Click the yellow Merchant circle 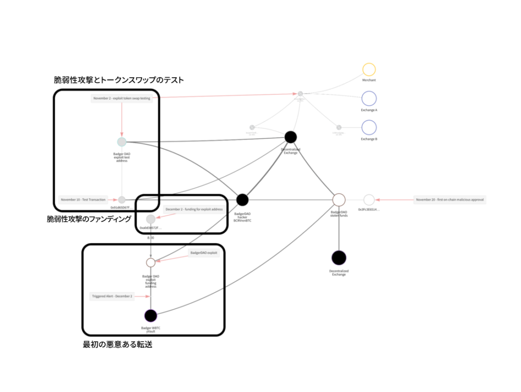(369, 70)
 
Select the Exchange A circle (369, 99)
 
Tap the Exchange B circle (369, 127)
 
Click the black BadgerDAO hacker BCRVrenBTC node (242, 200)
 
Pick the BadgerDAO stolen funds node (339, 200)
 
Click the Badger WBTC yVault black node (151, 316)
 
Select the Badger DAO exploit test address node (122, 142)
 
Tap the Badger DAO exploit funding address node (151, 262)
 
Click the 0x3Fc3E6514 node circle (369, 200)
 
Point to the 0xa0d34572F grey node (151, 219)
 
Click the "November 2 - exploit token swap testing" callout (122, 98)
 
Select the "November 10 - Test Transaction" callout (83, 200)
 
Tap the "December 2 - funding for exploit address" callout (194, 209)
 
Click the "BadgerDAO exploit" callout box (204, 253)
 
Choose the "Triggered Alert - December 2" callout (112, 296)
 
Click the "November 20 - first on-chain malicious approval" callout (450, 200)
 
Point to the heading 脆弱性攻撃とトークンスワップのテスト (119, 80)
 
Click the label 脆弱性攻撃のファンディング (89, 219)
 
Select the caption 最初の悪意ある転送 (118, 345)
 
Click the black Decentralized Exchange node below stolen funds (339, 258)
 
